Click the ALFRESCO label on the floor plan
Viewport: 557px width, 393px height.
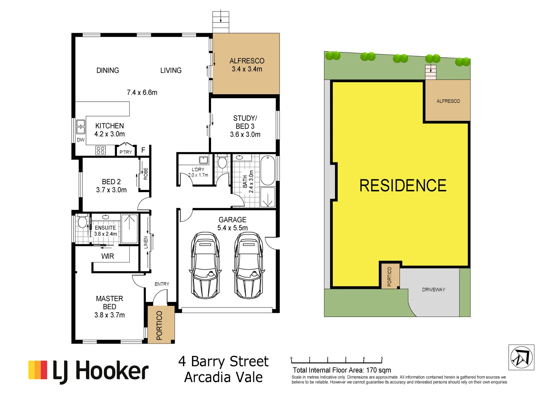point(247,61)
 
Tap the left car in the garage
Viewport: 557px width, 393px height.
point(205,265)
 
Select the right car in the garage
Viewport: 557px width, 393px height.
point(248,265)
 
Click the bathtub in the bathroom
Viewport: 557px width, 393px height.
point(268,170)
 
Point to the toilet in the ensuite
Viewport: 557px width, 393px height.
point(82,221)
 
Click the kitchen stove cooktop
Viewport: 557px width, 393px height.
point(101,150)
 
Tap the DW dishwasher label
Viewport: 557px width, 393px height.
point(81,140)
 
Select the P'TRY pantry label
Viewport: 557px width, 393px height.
point(126,152)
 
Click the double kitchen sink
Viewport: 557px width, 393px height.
point(81,127)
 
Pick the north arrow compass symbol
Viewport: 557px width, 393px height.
point(521,357)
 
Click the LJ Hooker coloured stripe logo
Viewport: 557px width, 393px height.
point(38,370)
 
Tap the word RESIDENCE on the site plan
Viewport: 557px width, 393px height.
point(403,186)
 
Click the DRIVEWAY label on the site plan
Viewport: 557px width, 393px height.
point(433,290)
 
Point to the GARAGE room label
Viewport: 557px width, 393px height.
point(233,220)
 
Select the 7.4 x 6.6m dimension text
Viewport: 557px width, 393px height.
point(142,92)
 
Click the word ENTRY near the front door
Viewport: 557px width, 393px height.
point(162,284)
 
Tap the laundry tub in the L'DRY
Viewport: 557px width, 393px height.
point(203,160)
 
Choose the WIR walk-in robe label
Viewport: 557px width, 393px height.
point(108,256)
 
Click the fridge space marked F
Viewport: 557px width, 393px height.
point(143,150)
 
